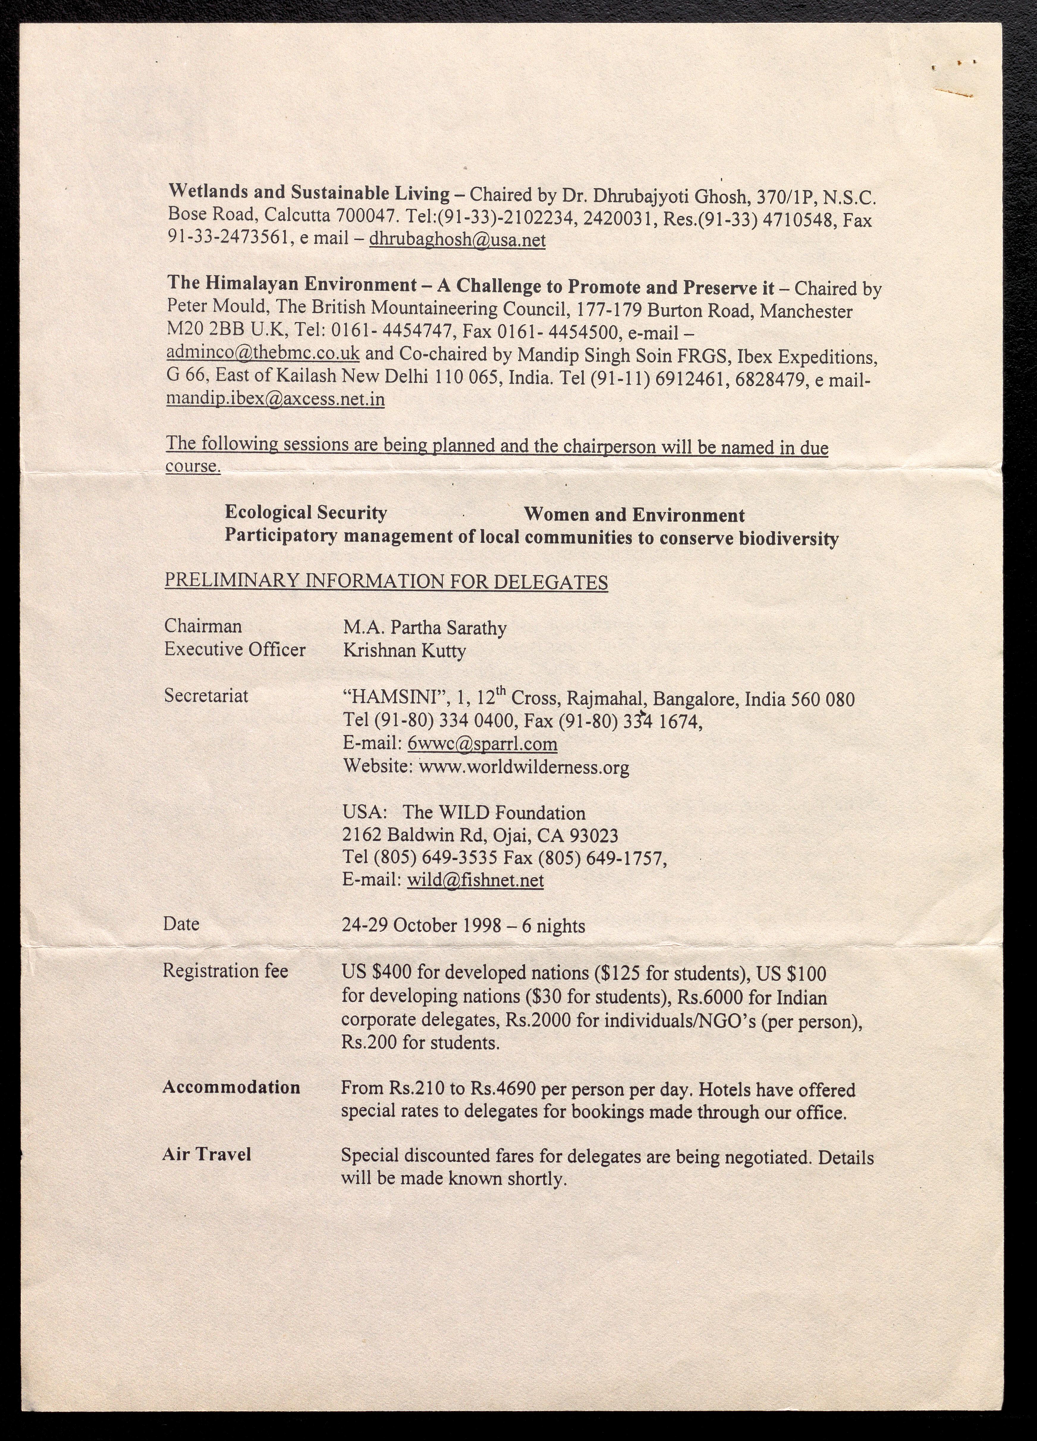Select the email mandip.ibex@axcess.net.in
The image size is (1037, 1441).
click(275, 399)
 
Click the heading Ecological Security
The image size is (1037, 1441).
click(305, 513)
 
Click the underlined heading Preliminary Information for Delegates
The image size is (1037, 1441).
click(386, 582)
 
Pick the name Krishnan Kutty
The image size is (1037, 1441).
click(405, 651)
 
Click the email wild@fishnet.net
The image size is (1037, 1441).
click(475, 880)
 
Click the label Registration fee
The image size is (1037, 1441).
click(225, 971)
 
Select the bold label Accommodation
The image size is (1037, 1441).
click(231, 1087)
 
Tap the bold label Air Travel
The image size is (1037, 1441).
click(206, 1154)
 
